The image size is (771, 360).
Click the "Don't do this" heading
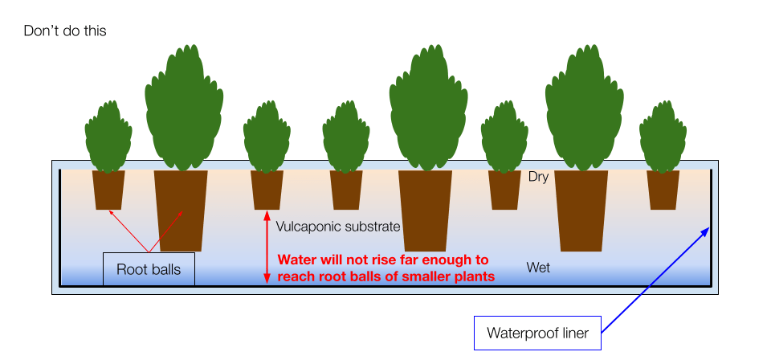(64, 31)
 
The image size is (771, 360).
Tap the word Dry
(538, 177)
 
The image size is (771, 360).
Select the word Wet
(538, 268)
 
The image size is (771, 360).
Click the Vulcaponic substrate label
(337, 227)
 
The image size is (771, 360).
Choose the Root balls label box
(148, 270)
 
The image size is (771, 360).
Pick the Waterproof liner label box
(536, 333)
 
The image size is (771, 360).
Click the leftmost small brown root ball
(109, 190)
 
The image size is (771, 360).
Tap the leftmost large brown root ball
(181, 209)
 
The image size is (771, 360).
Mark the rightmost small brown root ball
(663, 190)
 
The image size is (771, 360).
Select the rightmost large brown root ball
(581, 209)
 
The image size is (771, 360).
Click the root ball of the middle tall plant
(425, 209)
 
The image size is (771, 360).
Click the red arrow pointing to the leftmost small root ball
(128, 231)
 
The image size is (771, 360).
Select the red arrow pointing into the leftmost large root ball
(166, 231)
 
